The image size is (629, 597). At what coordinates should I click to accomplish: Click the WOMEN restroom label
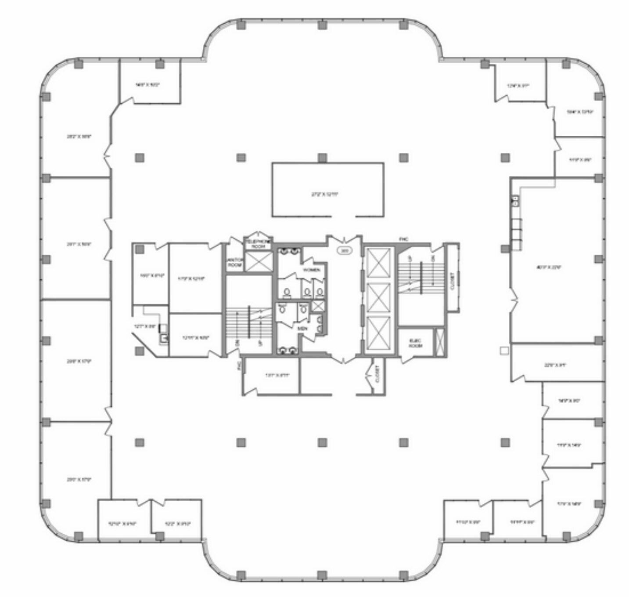click(311, 270)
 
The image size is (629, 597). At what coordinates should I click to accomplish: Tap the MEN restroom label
click(302, 328)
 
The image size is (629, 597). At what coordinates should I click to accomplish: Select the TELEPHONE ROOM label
click(258, 244)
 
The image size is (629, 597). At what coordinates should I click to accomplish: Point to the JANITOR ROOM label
click(235, 263)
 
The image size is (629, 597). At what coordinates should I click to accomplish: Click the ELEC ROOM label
click(415, 343)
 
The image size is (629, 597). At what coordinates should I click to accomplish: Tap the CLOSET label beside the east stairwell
click(453, 280)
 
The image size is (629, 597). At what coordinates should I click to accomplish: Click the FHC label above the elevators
click(403, 239)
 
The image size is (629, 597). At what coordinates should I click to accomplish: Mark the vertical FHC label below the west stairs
click(239, 365)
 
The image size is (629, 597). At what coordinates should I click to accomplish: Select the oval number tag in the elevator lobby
click(345, 251)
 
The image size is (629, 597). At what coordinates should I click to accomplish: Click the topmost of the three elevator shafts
click(378, 263)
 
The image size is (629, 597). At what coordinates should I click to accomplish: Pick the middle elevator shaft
click(378, 297)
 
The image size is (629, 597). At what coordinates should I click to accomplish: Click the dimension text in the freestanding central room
click(325, 194)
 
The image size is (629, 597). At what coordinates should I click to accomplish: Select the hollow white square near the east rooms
click(504, 351)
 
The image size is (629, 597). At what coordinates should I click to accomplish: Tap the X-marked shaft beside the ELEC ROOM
click(439, 341)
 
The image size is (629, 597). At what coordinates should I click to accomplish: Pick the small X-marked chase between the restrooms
click(318, 306)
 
